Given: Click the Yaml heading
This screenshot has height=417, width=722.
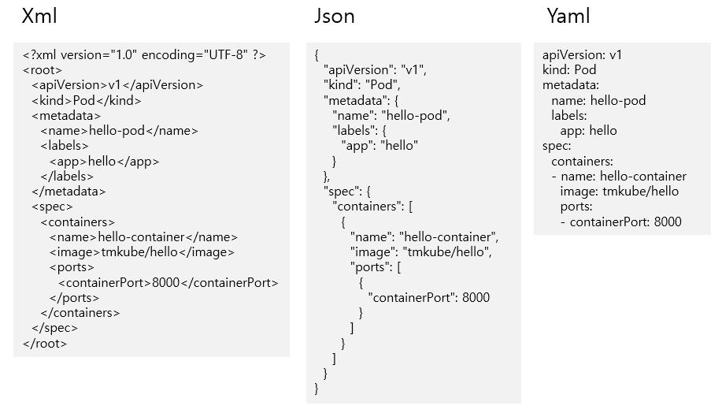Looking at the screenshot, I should pos(568,17).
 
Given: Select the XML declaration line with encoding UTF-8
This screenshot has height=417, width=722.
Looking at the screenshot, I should pos(144,55).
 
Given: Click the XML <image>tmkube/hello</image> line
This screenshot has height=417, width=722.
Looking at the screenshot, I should pos(142,252).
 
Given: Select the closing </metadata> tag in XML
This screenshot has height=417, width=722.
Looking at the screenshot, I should pos(68,192).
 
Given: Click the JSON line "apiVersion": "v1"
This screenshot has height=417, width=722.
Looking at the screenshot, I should pos(375,69).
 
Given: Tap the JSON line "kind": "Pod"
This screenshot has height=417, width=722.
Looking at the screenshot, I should pos(362,84).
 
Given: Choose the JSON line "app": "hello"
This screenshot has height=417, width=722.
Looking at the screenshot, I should pos(380,146).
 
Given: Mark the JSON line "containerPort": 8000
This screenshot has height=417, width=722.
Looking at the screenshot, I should pos(428,298).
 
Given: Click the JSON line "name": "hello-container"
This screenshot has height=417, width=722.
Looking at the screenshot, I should pos(424,237).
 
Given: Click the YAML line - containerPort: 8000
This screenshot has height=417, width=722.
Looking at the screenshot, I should pos(620,222).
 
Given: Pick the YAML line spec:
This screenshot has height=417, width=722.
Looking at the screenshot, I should pos(557,146).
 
